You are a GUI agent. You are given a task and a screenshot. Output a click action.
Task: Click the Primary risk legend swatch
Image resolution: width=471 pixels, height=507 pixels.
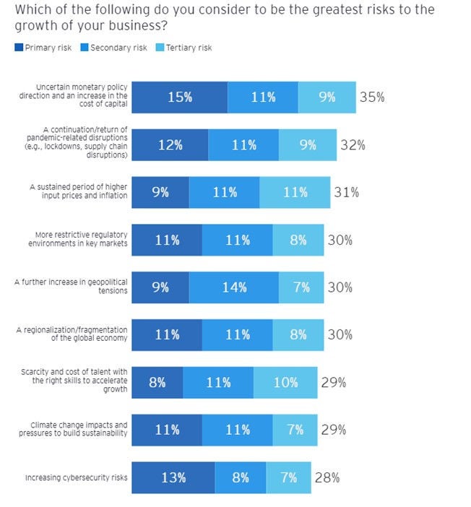click(18, 48)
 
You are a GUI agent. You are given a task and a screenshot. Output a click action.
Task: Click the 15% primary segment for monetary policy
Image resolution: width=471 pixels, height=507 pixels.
click(180, 97)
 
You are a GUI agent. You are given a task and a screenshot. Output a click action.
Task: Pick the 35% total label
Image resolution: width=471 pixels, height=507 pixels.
click(372, 97)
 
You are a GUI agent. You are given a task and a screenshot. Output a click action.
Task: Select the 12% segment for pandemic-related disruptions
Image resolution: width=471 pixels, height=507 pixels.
click(170, 144)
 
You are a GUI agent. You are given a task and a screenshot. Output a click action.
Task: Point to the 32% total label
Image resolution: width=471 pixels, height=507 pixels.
click(353, 144)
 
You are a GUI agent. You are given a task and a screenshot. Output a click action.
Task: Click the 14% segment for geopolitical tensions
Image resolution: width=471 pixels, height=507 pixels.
click(233, 287)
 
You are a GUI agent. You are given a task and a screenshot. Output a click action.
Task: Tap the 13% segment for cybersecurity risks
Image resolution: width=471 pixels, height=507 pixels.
click(173, 477)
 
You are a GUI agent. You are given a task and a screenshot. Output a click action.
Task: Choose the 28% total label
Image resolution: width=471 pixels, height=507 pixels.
click(327, 477)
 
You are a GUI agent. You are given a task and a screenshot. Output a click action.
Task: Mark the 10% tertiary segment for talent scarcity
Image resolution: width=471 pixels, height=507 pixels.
click(285, 382)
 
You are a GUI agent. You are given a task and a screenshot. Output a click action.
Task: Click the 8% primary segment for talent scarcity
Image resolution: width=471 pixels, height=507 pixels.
click(157, 382)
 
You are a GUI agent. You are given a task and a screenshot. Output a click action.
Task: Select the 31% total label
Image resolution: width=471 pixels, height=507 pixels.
click(346, 192)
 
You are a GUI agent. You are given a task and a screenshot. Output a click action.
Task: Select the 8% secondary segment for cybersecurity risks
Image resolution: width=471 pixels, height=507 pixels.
click(241, 477)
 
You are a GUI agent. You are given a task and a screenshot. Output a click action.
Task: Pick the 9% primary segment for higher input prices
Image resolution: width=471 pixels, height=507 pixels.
click(160, 192)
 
